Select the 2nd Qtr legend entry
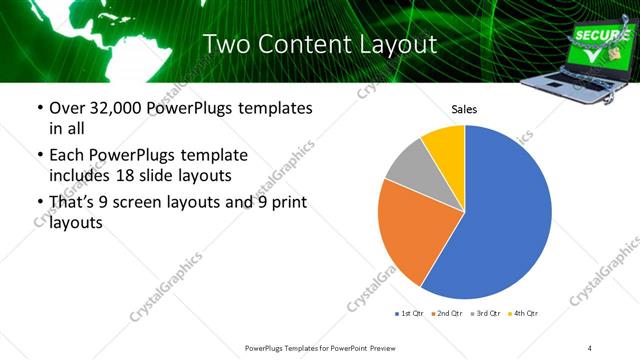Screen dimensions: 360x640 click(448, 314)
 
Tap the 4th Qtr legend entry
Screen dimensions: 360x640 click(524, 314)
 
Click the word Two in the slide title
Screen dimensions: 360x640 click(226, 44)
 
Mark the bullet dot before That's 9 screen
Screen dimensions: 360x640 click(40, 204)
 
